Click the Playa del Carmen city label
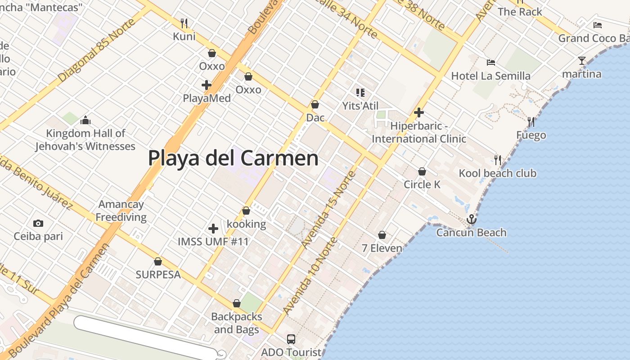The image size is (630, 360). point(233,158)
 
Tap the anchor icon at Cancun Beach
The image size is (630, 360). point(471,219)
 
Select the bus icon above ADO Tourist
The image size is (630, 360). point(291,339)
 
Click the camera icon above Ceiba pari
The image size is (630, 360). point(38,223)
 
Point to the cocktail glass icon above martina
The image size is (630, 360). point(582,60)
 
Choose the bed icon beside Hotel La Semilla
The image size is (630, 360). point(491,63)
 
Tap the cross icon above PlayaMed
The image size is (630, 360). point(207,85)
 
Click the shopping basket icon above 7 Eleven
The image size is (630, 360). point(382,235)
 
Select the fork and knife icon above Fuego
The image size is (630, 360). point(531,121)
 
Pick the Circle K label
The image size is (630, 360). point(422,184)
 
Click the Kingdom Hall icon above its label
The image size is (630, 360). point(85,120)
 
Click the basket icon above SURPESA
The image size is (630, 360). point(158,261)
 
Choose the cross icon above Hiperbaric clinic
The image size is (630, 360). point(419,112)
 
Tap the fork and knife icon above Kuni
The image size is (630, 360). point(184,22)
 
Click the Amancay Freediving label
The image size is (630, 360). point(121,211)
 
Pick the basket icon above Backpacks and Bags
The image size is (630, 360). point(237,304)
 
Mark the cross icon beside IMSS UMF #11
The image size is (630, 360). point(213,229)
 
